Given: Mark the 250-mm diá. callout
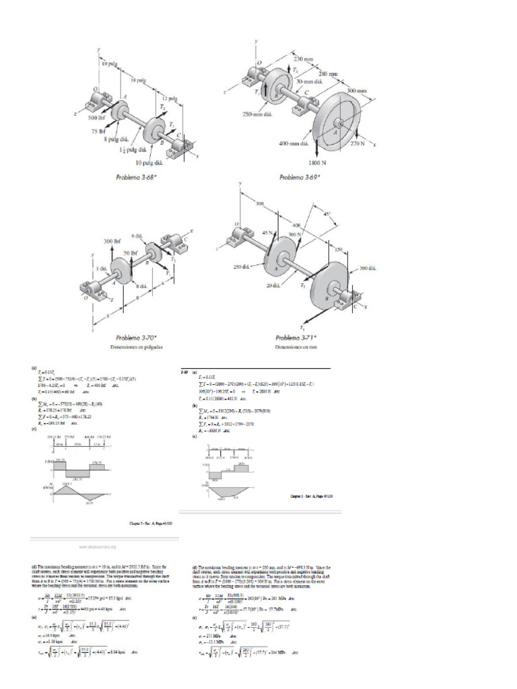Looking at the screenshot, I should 257,114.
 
